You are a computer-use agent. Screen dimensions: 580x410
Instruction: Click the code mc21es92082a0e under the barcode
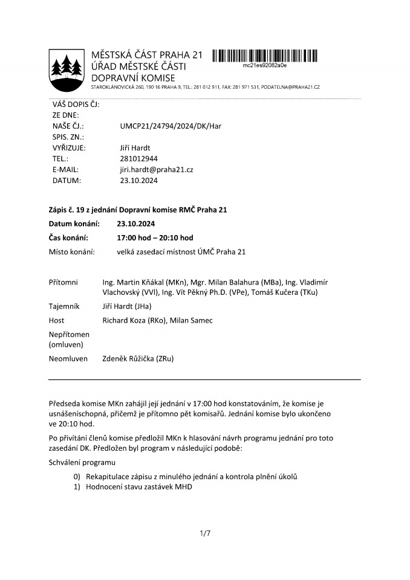(264, 65)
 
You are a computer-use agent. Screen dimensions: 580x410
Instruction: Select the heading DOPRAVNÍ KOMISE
(132, 78)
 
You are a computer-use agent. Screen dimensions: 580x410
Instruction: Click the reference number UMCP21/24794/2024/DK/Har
(171, 126)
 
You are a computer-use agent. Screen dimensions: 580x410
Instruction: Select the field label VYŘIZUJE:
(70, 147)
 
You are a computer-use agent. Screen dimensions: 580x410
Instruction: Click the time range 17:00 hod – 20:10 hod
(155, 237)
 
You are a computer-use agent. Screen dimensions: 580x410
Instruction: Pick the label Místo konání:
(71, 251)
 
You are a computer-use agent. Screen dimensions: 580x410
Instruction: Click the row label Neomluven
(68, 359)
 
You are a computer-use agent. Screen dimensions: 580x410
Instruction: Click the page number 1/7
(204, 533)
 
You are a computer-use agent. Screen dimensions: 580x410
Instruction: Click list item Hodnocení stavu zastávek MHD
(138, 486)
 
